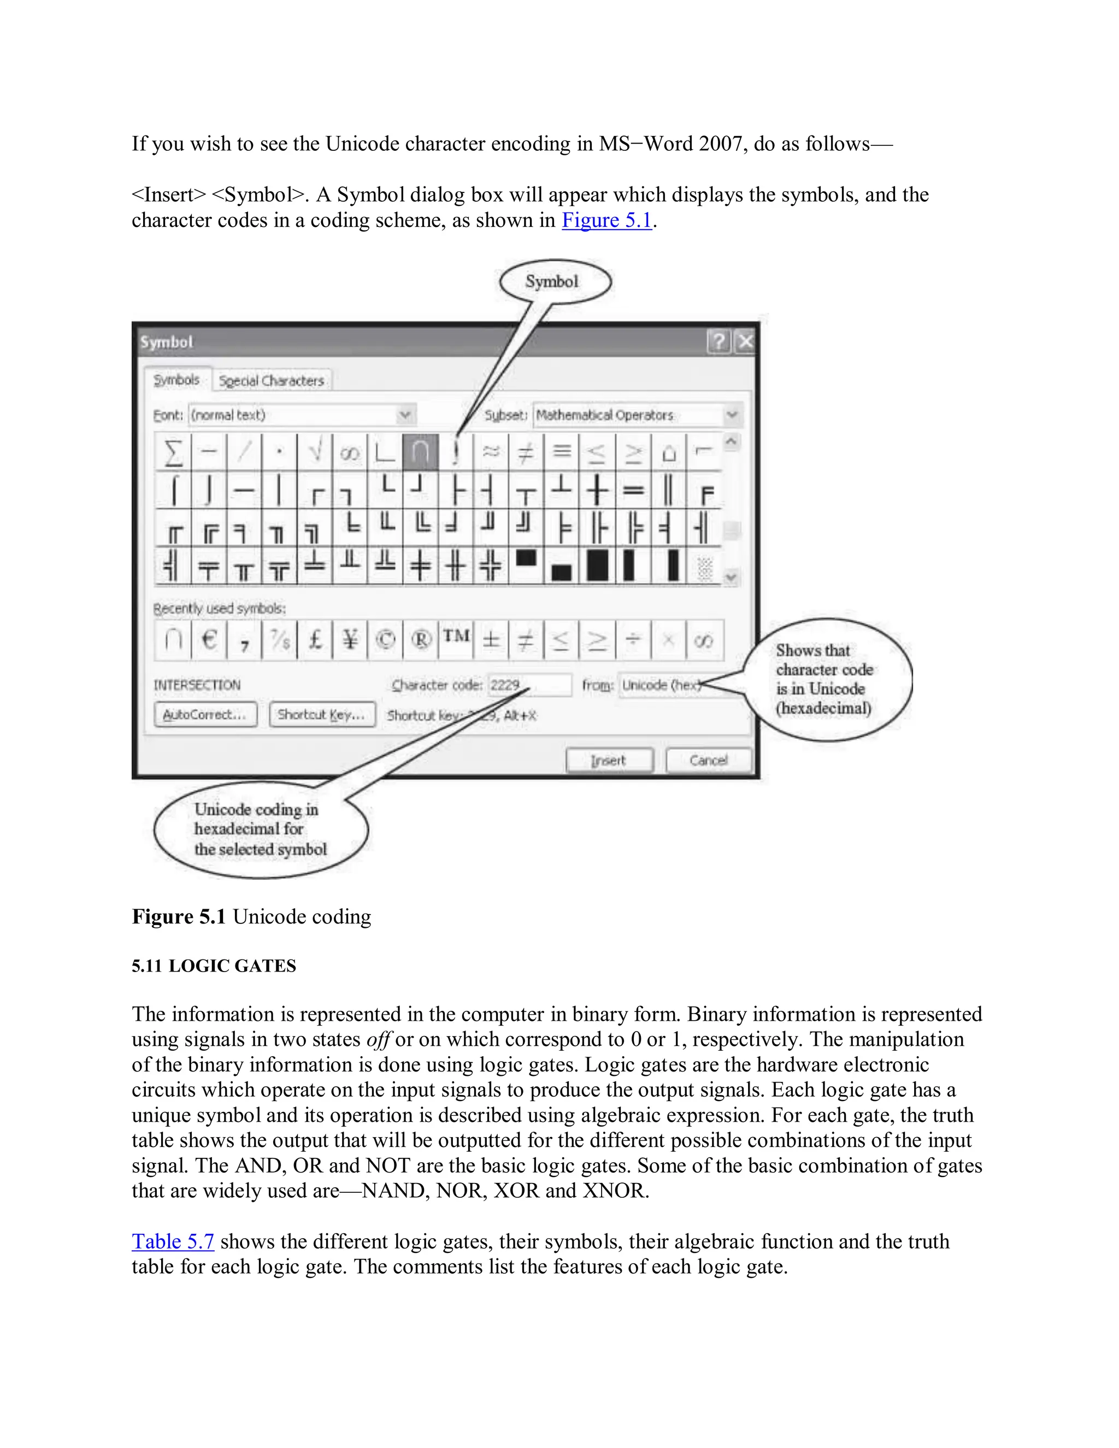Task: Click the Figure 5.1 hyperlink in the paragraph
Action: click(x=606, y=220)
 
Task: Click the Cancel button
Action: click(x=708, y=760)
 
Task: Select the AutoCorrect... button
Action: click(x=205, y=715)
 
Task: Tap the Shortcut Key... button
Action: click(x=321, y=715)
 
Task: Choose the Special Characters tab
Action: click(x=271, y=380)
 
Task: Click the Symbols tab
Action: click(x=176, y=380)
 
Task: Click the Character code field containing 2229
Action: click(x=529, y=685)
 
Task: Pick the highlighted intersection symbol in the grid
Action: click(x=420, y=451)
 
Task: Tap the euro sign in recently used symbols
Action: click(x=209, y=640)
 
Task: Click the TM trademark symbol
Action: click(x=456, y=638)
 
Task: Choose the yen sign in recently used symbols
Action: click(x=350, y=640)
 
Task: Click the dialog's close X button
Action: click(x=745, y=342)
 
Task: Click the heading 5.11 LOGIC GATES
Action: click(x=214, y=966)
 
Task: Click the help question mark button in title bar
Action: click(x=718, y=342)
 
